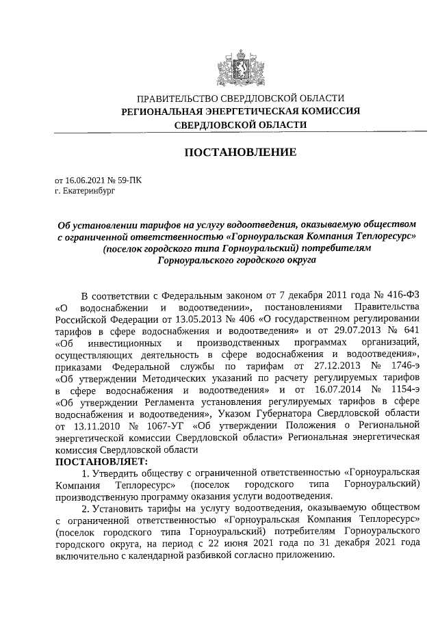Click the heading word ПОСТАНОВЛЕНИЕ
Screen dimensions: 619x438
tap(240, 152)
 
